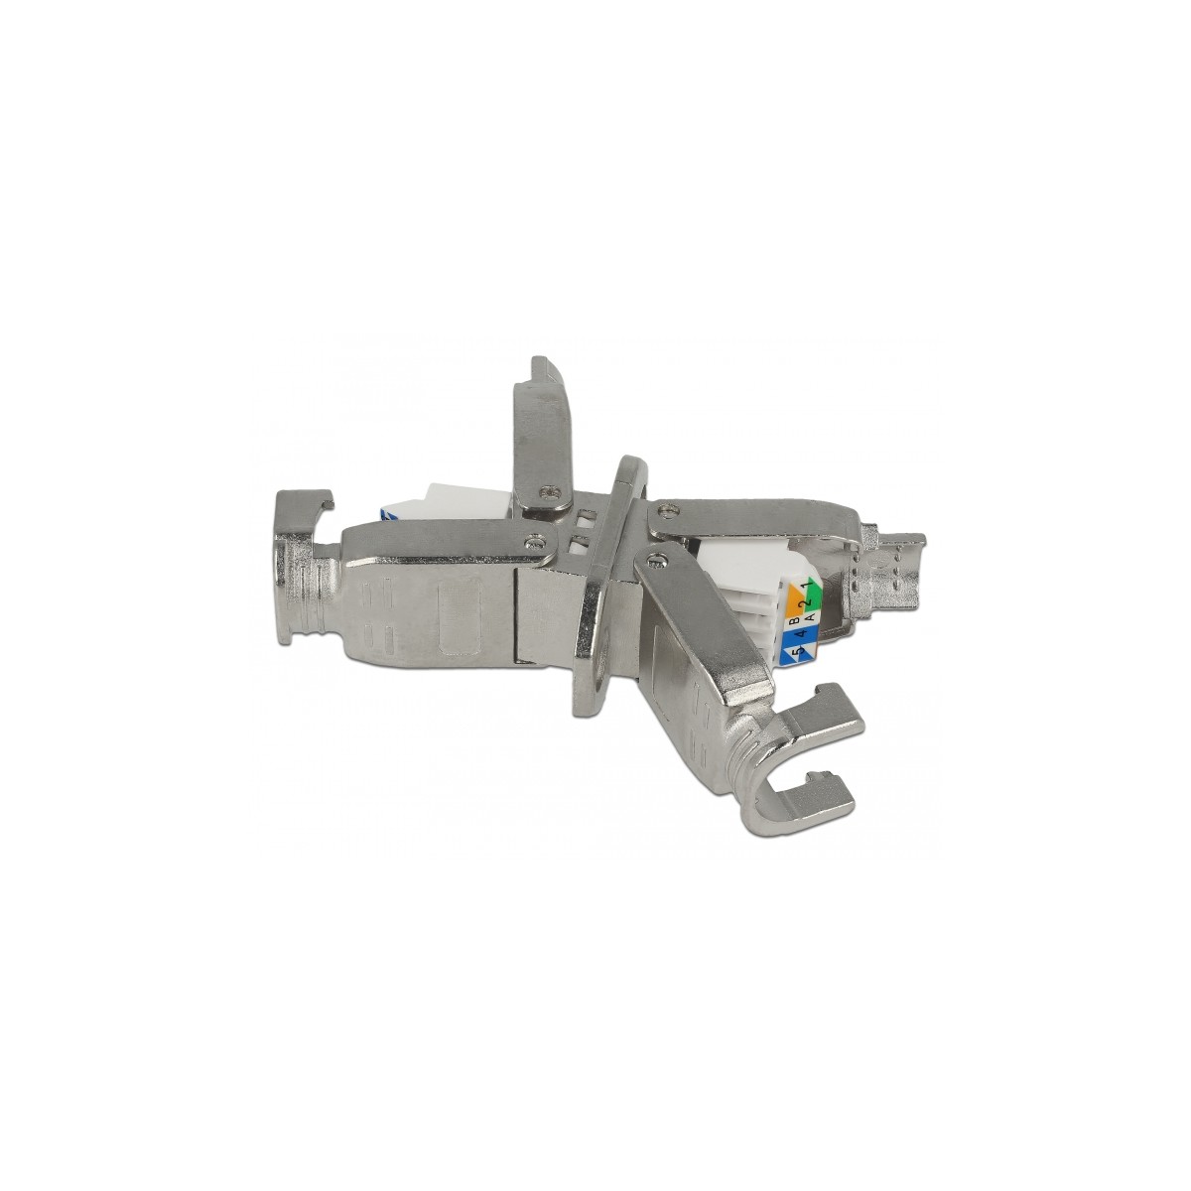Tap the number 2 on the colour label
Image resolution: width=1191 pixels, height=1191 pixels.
(x=805, y=602)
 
